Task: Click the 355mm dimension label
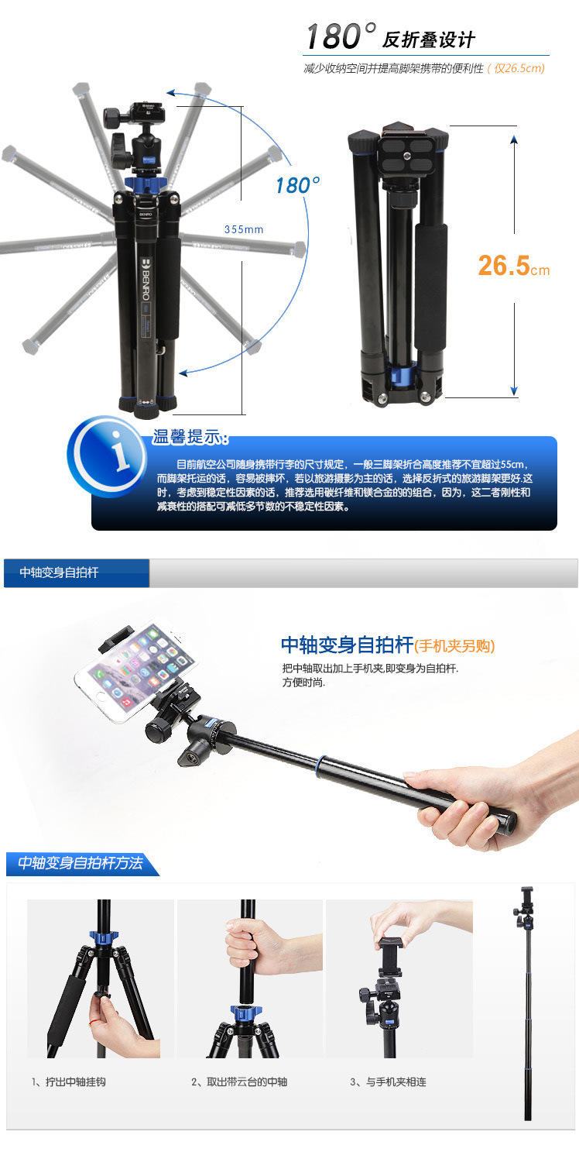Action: [244, 229]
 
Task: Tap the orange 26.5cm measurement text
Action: [513, 266]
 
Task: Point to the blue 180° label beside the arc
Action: [297, 185]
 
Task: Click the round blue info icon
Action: [108, 456]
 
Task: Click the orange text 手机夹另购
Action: [454, 645]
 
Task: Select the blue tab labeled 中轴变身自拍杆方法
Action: [81, 864]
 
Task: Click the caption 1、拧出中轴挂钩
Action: [68, 1082]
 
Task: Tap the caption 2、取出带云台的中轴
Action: [239, 1082]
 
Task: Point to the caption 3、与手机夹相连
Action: [389, 1082]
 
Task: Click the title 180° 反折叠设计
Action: [390, 37]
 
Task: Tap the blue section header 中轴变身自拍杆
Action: [77, 573]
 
